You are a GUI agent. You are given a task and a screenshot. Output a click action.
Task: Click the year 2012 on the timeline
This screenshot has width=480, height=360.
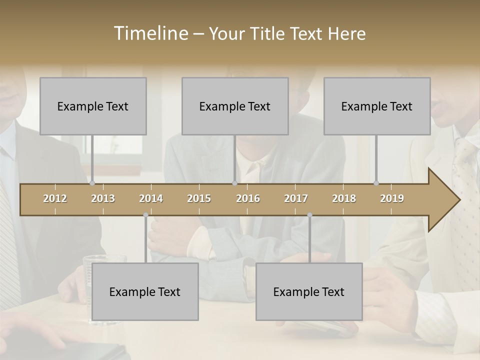[55, 198]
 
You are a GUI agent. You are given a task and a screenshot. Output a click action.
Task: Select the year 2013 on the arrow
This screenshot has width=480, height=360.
[103, 198]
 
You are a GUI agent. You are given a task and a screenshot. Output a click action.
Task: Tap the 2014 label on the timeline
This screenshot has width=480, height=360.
[151, 198]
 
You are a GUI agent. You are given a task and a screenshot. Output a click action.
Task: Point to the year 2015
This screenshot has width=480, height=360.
[199, 198]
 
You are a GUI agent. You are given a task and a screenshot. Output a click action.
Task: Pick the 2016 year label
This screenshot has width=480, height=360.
[248, 198]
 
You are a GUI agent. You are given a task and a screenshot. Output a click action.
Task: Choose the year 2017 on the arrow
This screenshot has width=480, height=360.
[296, 198]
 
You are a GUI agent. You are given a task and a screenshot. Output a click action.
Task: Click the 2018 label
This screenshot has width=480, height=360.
[344, 198]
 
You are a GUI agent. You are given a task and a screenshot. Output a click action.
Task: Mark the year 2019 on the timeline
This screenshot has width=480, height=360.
[392, 198]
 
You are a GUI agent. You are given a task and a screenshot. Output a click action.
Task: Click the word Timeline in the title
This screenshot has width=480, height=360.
[150, 33]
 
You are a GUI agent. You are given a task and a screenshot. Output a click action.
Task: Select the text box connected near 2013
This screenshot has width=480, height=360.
[93, 106]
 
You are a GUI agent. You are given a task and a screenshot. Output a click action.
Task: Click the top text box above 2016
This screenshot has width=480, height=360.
[235, 106]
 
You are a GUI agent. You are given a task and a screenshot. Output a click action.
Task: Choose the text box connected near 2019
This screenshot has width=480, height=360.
[377, 106]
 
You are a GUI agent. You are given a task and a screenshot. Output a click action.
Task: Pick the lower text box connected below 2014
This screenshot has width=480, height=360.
[145, 291]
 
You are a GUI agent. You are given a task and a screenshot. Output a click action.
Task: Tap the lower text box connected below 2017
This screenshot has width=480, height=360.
[309, 291]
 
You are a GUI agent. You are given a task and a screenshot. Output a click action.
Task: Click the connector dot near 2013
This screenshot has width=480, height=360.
[92, 183]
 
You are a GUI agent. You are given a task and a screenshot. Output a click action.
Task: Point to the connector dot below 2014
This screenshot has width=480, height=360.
[145, 215]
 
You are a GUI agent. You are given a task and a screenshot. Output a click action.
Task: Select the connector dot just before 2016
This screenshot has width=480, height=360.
[234, 183]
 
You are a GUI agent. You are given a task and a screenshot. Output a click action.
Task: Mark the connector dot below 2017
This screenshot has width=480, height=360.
[309, 215]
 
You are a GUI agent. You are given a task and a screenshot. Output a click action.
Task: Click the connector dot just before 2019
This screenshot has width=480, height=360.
[376, 183]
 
